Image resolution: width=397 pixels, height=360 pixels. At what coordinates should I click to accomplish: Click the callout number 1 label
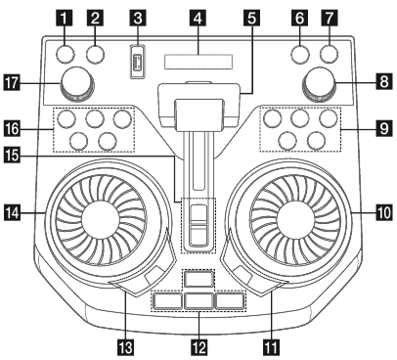click(x=66, y=17)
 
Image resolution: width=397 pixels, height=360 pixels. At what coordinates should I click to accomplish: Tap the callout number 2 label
click(x=96, y=17)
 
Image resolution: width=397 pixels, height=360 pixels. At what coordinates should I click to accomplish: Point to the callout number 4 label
click(x=198, y=17)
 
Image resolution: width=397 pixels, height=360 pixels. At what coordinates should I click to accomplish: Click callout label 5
click(x=252, y=17)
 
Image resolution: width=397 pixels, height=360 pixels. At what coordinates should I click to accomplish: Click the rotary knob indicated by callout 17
click(x=74, y=85)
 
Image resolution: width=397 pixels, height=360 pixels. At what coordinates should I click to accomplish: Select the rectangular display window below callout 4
click(x=198, y=63)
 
